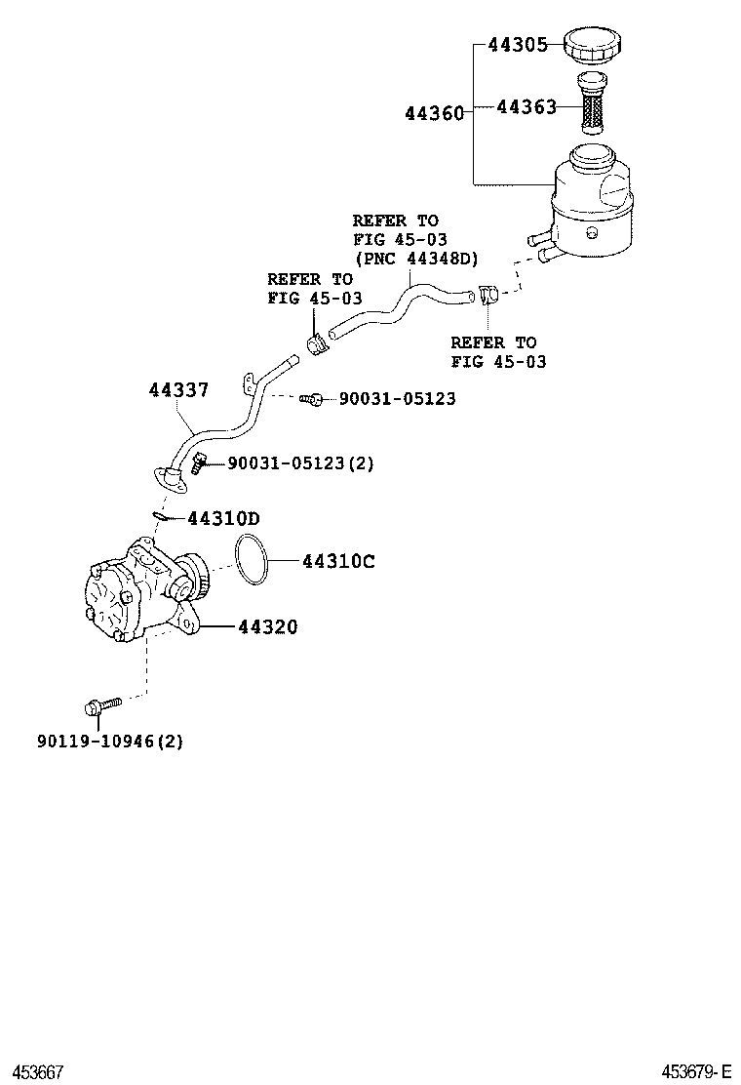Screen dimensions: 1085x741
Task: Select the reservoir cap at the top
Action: pyautogui.click(x=594, y=45)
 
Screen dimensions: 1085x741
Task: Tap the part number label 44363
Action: pyautogui.click(x=526, y=106)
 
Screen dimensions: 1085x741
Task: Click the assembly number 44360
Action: pyautogui.click(x=434, y=113)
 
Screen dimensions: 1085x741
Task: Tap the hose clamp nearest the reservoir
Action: pyautogui.click(x=488, y=293)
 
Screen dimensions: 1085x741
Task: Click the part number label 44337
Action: pyautogui.click(x=178, y=390)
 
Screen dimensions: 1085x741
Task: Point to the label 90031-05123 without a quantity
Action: pyautogui.click(x=397, y=399)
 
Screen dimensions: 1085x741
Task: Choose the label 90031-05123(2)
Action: pyautogui.click(x=300, y=463)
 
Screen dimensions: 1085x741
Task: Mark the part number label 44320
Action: pyautogui.click(x=268, y=627)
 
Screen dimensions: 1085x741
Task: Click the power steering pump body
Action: pyautogui.click(x=136, y=595)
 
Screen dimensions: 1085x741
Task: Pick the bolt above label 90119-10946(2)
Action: pyautogui.click(x=101, y=705)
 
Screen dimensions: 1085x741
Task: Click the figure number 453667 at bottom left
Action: pyautogui.click(x=37, y=1072)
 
